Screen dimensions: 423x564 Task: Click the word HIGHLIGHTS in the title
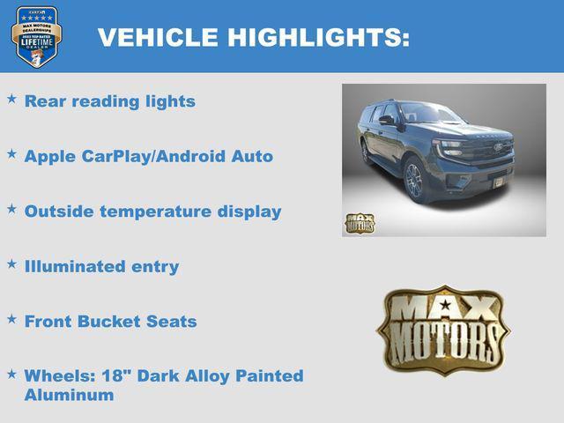click(318, 38)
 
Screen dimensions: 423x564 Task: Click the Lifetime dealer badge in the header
click(36, 37)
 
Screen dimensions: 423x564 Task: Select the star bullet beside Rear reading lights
click(12, 100)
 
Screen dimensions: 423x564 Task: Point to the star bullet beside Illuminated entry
click(12, 263)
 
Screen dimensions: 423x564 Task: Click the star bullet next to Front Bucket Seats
click(12, 319)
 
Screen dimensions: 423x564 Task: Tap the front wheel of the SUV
click(414, 181)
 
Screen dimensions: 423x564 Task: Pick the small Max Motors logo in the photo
click(360, 223)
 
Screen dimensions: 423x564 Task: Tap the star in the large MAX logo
click(446, 306)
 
